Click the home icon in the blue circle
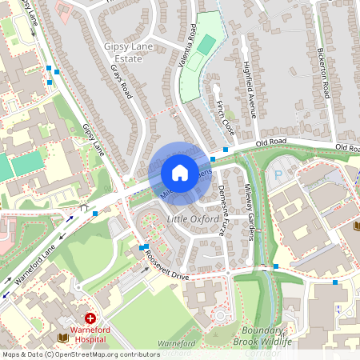[x=180, y=172]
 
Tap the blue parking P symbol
[x=278, y=174]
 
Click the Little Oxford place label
[x=193, y=218]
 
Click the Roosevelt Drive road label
[x=166, y=264]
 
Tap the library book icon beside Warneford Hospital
[x=65, y=339]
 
